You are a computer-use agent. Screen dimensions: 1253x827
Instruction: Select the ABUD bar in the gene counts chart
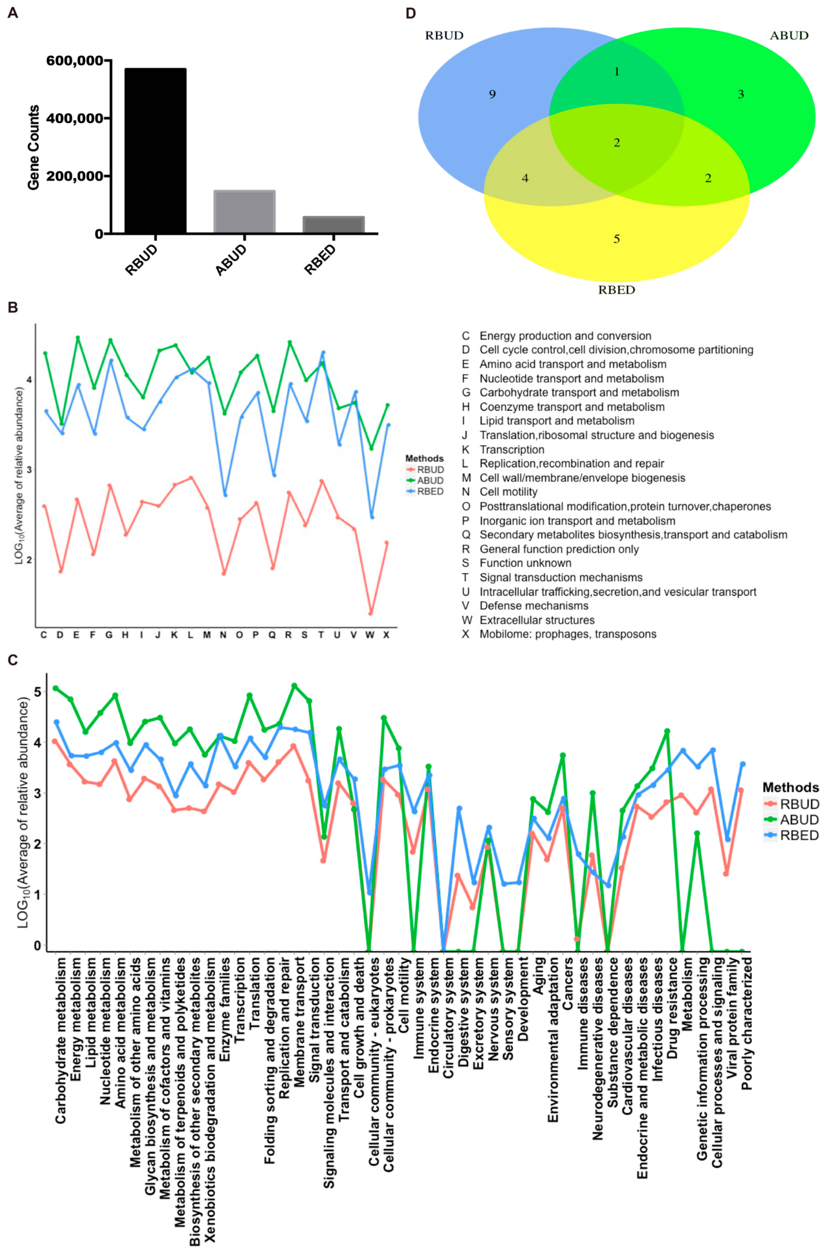(x=244, y=211)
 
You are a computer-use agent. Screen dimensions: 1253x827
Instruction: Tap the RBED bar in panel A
(x=333, y=224)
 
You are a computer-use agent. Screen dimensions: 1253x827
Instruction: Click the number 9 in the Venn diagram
(x=492, y=94)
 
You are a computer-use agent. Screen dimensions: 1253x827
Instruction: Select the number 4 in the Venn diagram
(x=525, y=178)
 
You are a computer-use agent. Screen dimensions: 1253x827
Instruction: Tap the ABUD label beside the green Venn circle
(x=789, y=35)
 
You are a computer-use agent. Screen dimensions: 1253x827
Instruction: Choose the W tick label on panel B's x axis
(x=370, y=635)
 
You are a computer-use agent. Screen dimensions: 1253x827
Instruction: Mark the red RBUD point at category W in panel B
(x=371, y=613)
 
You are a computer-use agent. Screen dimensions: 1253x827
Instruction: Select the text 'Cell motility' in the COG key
(x=508, y=492)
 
